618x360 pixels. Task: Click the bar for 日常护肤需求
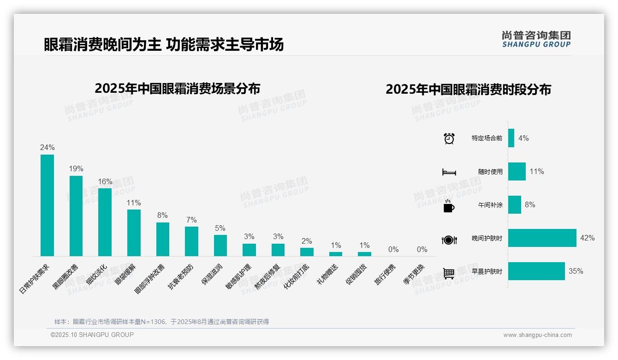click(x=47, y=205)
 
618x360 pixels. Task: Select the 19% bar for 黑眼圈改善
click(x=76, y=216)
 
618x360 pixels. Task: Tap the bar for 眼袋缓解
click(x=134, y=233)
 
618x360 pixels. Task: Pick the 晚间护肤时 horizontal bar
click(x=542, y=238)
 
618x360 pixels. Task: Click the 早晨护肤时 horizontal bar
click(x=536, y=271)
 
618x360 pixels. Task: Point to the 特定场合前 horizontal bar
click(x=511, y=138)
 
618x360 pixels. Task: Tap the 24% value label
click(x=47, y=148)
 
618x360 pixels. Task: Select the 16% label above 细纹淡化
click(x=105, y=181)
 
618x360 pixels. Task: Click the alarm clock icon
click(x=449, y=138)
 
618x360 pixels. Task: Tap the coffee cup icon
click(x=449, y=205)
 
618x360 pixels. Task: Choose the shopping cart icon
click(x=449, y=273)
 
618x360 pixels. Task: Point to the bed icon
click(x=449, y=172)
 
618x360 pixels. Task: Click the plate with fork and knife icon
click(x=449, y=240)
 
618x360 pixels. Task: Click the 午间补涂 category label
click(x=490, y=205)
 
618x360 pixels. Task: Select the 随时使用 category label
click(x=490, y=172)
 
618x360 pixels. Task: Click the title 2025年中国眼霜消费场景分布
click(x=178, y=89)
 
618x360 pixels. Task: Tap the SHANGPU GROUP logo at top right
click(x=536, y=39)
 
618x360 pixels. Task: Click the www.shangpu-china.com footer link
click(x=537, y=335)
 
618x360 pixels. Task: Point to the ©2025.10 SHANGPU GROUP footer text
click(x=92, y=335)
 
